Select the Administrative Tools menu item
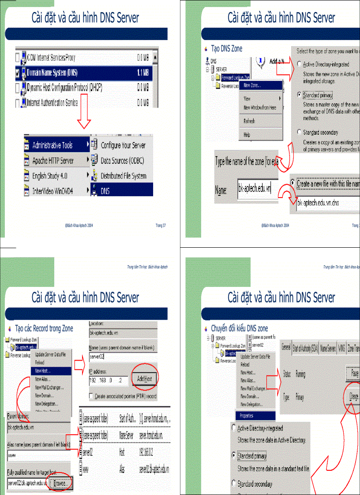[52, 145]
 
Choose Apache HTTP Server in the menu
[53, 160]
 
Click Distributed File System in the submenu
[124, 176]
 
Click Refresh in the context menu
[249, 121]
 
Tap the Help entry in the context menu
[247, 135]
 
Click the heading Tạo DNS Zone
[226, 48]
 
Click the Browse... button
[61, 484]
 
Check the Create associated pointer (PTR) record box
[92, 396]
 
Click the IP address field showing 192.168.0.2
[109, 379]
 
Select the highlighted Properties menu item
[247, 416]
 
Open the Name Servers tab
[328, 347]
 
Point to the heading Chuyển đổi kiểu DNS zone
[239, 328]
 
